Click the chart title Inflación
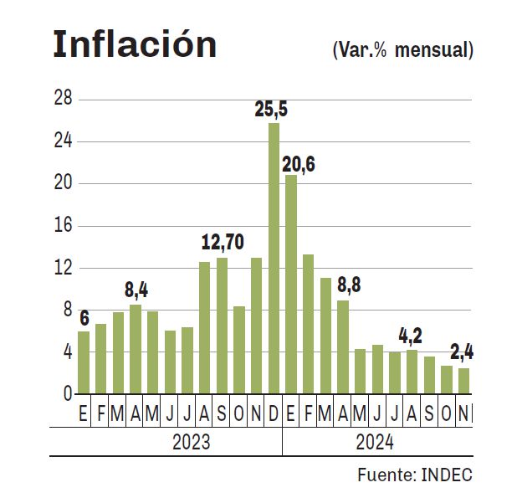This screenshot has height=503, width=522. coord(135,45)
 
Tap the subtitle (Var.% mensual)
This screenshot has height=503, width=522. coord(402,50)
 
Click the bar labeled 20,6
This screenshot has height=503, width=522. coord(290,284)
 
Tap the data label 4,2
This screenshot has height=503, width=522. coord(409,336)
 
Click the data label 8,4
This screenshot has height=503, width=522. coord(136,290)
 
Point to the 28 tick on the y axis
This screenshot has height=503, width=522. coord(64,100)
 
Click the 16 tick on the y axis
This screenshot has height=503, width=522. coord(64,226)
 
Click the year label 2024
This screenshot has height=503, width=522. coord(373,442)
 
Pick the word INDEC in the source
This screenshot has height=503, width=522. coord(445,475)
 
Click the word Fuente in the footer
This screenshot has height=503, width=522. coord(383,475)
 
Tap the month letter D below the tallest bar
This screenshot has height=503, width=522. coord(274,413)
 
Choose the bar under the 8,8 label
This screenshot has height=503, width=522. coord(343,346)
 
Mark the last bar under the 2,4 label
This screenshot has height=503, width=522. coord(463,381)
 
